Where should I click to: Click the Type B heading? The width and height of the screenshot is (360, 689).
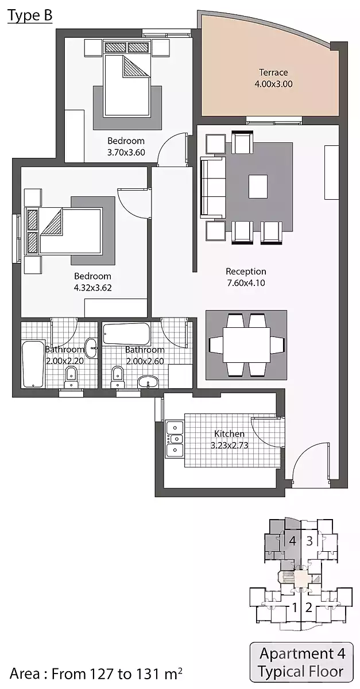tap(30, 16)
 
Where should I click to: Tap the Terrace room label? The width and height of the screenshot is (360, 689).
tap(273, 72)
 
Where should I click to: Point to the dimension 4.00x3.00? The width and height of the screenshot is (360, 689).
tap(273, 84)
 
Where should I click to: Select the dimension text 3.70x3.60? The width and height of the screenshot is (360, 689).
tap(126, 152)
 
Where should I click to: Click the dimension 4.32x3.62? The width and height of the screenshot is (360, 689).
tap(92, 288)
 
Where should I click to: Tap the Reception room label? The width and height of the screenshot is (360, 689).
tap(246, 271)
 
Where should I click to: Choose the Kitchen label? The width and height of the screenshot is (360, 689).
tap(229, 433)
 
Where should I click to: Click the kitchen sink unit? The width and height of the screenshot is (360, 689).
tap(175, 439)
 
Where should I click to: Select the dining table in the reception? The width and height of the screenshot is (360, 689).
tap(246, 345)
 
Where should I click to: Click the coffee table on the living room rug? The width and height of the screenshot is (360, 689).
tap(258, 187)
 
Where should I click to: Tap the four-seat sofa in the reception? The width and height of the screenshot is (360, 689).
tap(212, 187)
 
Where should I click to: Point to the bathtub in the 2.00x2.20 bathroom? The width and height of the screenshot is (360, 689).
tap(33, 364)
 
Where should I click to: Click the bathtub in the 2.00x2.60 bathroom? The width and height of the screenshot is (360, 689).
tap(126, 334)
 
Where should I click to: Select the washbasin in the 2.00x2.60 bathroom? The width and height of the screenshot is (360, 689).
tap(148, 382)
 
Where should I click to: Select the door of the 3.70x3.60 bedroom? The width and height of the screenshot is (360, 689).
tap(172, 149)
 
